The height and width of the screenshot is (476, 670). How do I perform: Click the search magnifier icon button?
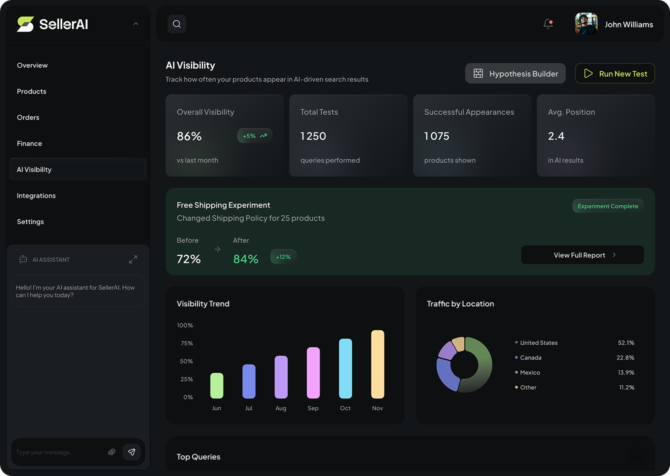click(x=176, y=24)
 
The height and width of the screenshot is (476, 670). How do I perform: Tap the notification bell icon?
click(x=548, y=24)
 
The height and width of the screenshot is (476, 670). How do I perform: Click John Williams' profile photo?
click(x=586, y=24)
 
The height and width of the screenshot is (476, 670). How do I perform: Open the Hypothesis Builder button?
click(x=515, y=73)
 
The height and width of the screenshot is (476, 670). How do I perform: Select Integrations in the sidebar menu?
click(x=36, y=195)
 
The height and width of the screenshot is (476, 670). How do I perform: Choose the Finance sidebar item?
click(x=29, y=143)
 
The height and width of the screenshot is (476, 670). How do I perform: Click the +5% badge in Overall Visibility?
click(x=254, y=136)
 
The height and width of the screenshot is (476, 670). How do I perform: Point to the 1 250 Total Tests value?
click(x=313, y=136)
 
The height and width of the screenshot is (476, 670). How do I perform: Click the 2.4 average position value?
click(x=556, y=136)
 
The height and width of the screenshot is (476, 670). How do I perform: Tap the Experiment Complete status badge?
click(x=607, y=206)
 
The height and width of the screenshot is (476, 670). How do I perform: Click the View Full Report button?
click(x=582, y=255)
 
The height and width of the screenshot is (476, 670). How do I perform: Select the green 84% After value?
click(x=245, y=259)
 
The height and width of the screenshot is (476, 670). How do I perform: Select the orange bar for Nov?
click(x=377, y=364)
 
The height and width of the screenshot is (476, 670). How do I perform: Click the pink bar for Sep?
click(x=313, y=372)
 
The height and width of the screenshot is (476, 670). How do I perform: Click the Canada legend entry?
click(x=530, y=357)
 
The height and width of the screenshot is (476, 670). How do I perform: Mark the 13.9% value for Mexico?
click(x=625, y=372)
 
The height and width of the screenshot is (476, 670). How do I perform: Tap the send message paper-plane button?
click(x=131, y=452)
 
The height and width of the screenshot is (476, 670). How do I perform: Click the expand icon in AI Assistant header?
click(x=133, y=259)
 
